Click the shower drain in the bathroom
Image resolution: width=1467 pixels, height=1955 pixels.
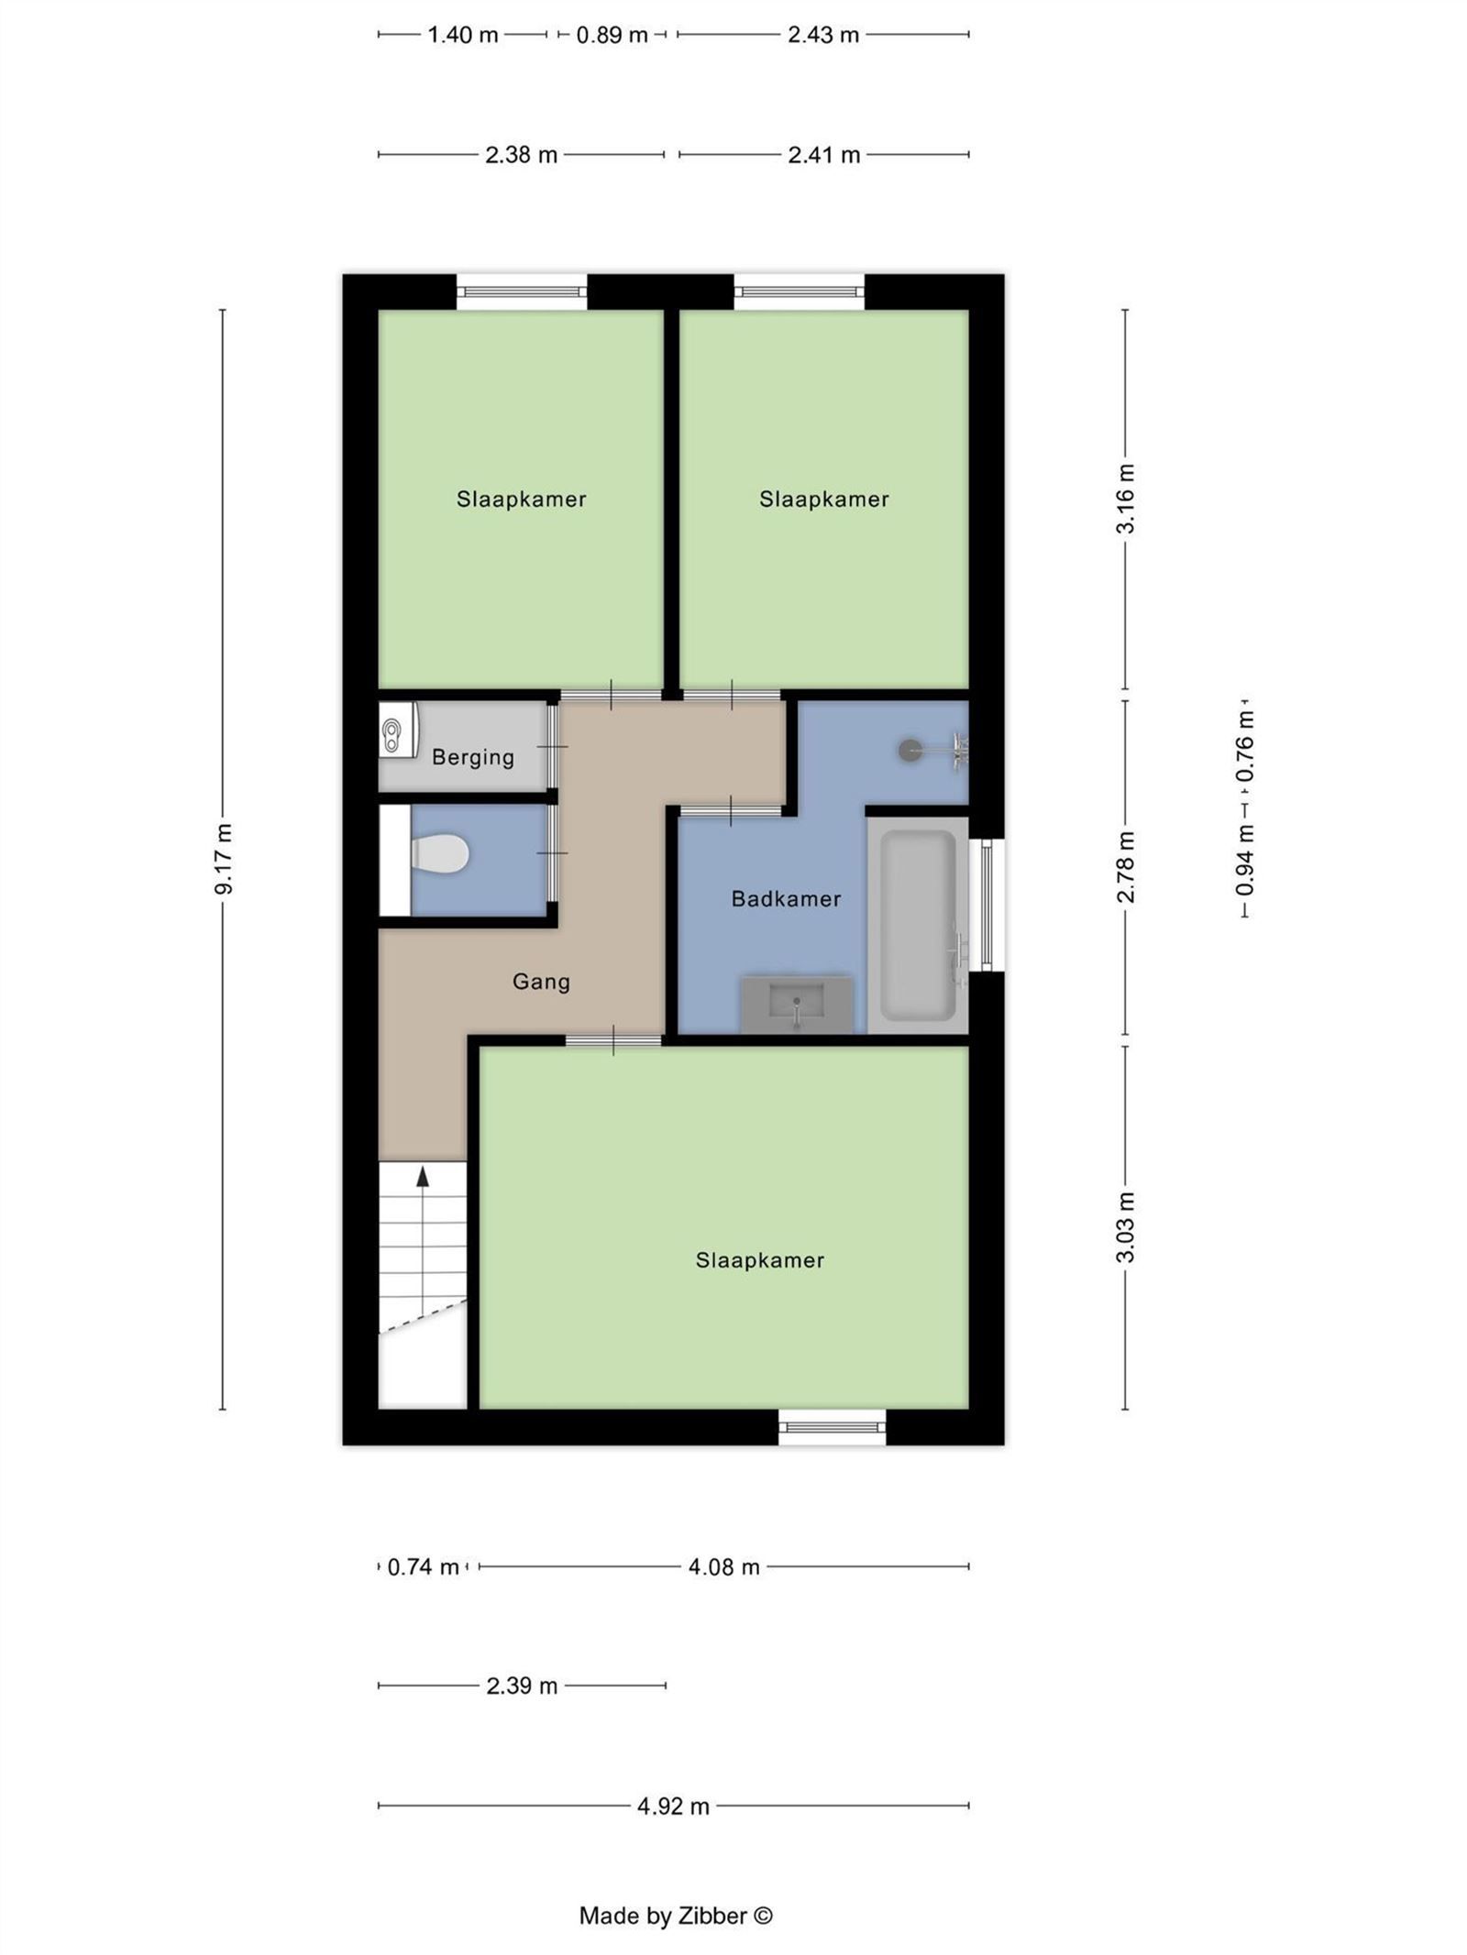pyautogui.click(x=910, y=750)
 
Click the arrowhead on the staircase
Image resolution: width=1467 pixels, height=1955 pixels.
pyautogui.click(x=423, y=1177)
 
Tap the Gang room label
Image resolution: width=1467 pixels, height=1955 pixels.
pyautogui.click(x=541, y=982)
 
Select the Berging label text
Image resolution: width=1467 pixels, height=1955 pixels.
pyautogui.click(x=473, y=757)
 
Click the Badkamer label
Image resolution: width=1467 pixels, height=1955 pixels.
pyautogui.click(x=786, y=898)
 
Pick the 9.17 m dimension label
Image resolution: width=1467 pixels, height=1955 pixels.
pyautogui.click(x=224, y=859)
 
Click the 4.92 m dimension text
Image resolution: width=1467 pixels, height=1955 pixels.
pyautogui.click(x=673, y=1806)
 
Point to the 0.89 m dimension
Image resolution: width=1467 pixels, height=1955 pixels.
pyautogui.click(x=612, y=35)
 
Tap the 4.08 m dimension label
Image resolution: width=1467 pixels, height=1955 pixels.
pyautogui.click(x=723, y=1566)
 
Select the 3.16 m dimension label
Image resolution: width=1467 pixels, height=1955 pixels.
pyautogui.click(x=1126, y=499)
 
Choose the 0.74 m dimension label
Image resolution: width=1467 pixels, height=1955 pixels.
pyautogui.click(x=423, y=1566)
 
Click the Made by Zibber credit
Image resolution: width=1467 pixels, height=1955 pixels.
pyautogui.click(x=676, y=1915)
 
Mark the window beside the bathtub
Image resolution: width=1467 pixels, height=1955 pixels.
pyautogui.click(x=987, y=905)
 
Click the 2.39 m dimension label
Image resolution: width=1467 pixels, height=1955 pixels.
pyautogui.click(x=522, y=1686)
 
